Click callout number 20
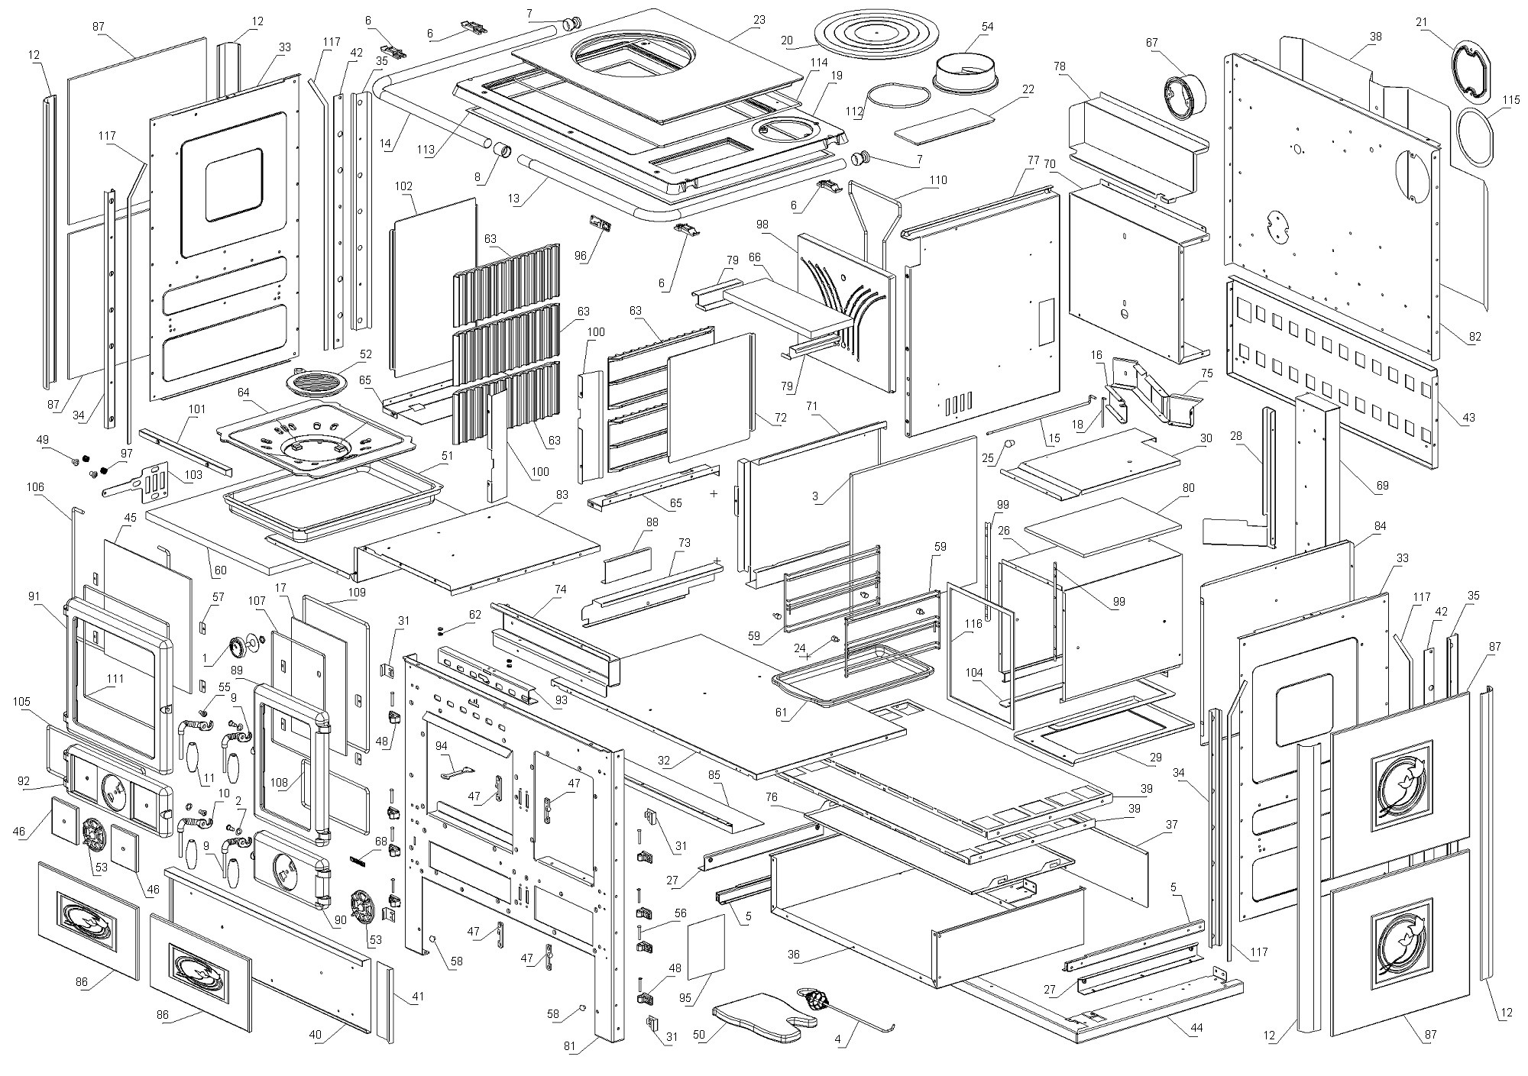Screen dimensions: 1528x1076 [x=787, y=40]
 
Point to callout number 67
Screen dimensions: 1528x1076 [x=1152, y=43]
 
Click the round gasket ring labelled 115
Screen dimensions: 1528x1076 [x=1473, y=137]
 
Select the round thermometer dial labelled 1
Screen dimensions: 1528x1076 [x=239, y=648]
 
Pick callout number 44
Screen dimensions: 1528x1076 [x=1196, y=1028]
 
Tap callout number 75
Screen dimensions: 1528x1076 [x=1207, y=373]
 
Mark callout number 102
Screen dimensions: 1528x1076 [x=404, y=186]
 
